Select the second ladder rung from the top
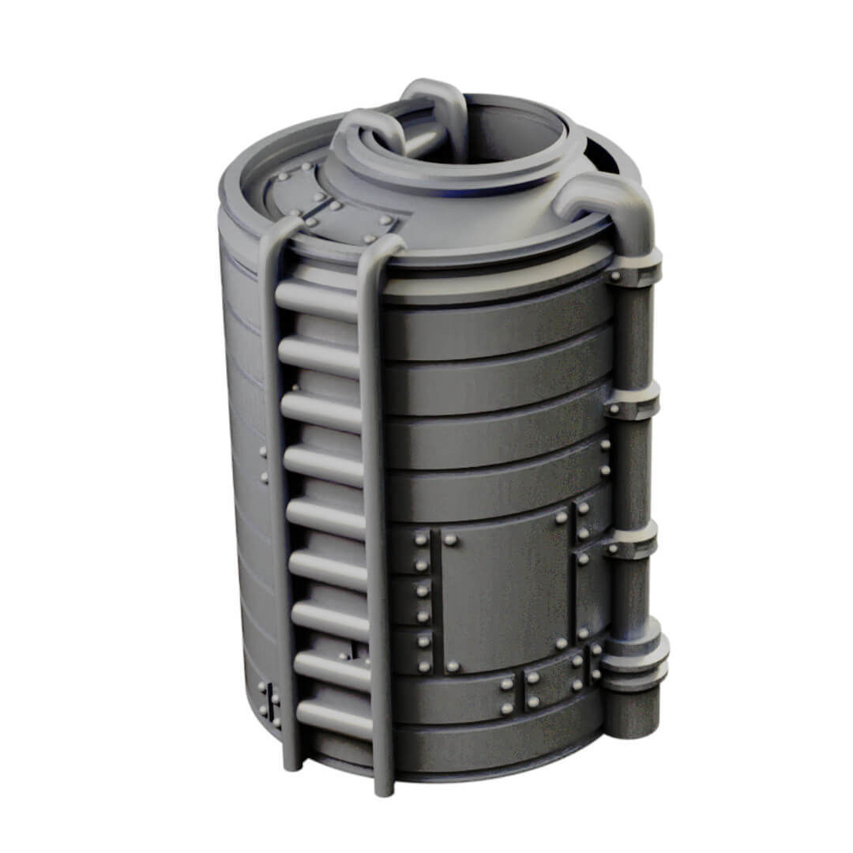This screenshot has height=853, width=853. (319, 355)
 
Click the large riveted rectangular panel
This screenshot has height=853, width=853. (505, 588)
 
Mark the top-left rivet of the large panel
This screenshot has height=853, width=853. (450, 540)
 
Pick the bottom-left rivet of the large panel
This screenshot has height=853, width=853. (453, 667)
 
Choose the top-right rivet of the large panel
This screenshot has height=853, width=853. (561, 518)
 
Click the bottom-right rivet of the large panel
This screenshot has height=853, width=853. (562, 643)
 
